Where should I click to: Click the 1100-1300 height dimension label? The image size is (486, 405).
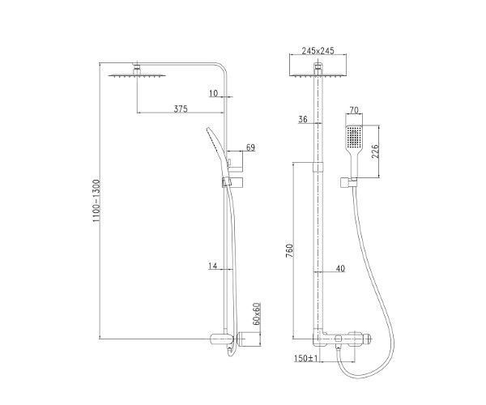pos(96,201)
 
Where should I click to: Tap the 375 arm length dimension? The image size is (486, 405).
pos(181,109)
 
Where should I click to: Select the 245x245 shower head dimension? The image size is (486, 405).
pos(318,50)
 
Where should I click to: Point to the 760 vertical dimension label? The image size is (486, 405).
pos(289,251)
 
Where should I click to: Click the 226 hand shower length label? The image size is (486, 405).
pos(375,151)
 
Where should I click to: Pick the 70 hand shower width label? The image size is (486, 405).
pos(354,109)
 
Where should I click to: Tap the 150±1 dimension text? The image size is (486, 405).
pos(306,359)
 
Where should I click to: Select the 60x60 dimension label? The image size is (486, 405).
pos(257,314)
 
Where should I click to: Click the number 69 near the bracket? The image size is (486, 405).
pos(250,147)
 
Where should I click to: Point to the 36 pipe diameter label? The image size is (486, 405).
pos(302,119)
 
